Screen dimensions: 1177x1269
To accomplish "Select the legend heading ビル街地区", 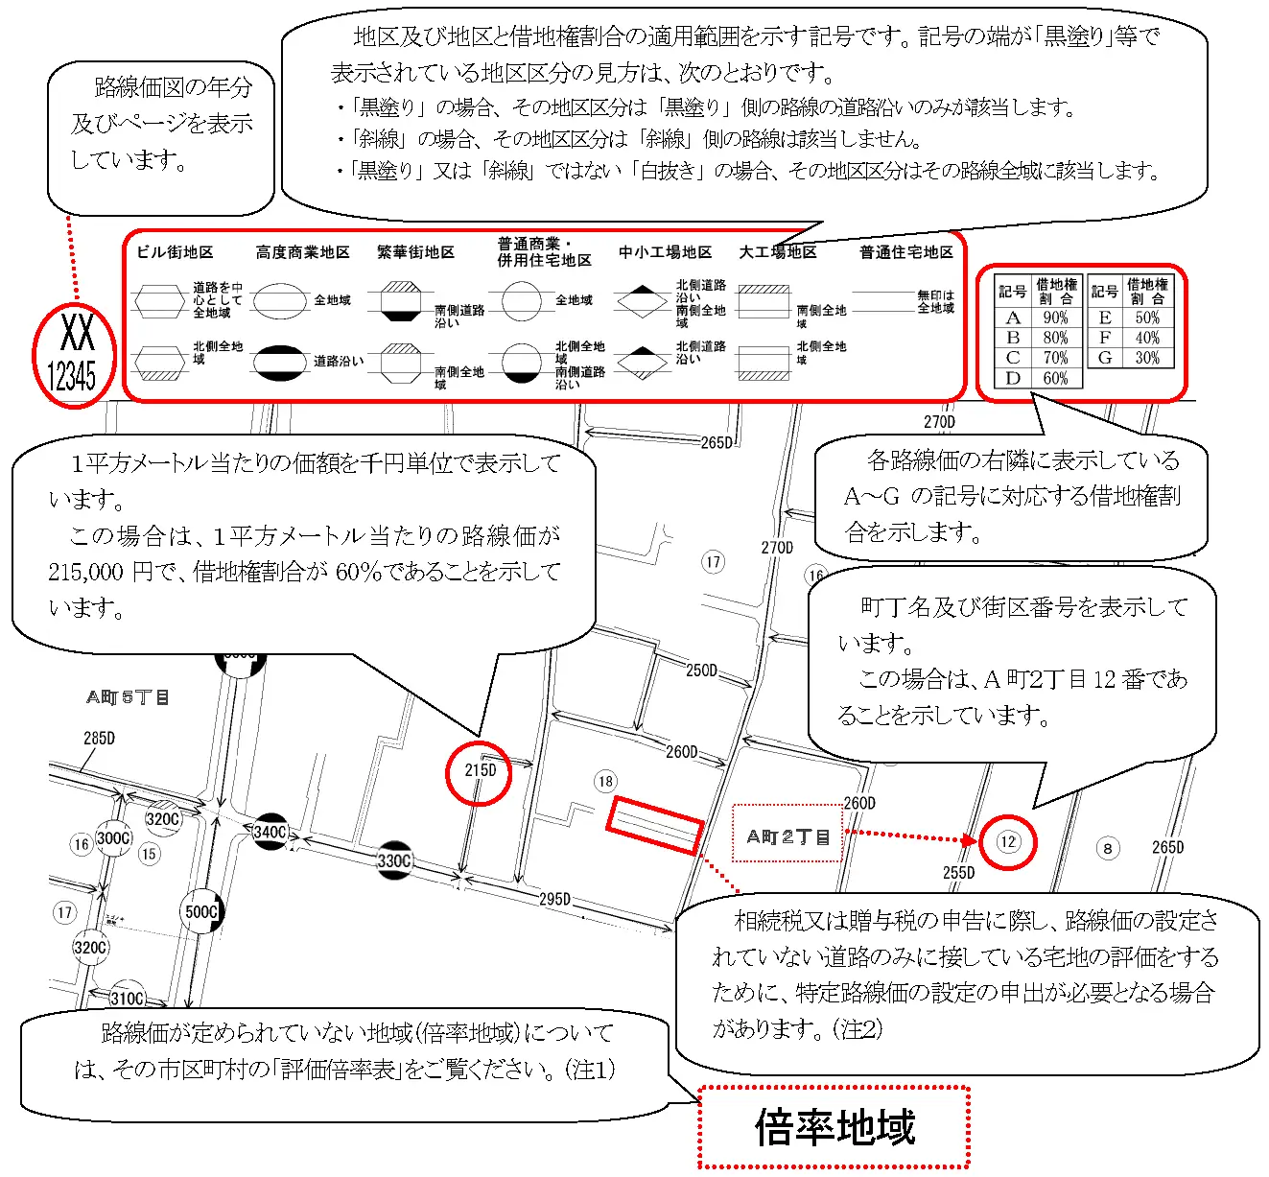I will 175,252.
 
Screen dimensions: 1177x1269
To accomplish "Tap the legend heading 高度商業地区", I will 302,252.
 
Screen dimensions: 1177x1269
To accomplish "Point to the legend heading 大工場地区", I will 777,252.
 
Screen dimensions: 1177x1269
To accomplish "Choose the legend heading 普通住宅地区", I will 905,252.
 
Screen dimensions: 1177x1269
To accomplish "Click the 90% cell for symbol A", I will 1055,318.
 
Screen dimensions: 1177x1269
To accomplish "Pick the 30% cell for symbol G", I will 1147,358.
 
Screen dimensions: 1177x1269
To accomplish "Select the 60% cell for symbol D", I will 1055,378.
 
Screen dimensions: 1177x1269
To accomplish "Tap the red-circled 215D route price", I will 480,771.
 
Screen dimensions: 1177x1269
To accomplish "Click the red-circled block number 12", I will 1007,842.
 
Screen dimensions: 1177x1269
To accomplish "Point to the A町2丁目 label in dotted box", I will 787,836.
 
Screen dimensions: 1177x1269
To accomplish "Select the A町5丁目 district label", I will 128,697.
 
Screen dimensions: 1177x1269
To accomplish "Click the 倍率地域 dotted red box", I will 834,1127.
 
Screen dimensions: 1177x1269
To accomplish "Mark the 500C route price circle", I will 201,911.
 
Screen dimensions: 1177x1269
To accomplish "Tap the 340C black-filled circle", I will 270,832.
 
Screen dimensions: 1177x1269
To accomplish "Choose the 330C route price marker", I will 394,860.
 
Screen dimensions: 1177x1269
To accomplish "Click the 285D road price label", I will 99,738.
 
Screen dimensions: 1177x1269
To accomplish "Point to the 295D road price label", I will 554,899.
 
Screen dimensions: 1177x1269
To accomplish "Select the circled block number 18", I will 605,781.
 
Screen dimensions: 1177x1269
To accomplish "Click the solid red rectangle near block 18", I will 655,825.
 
